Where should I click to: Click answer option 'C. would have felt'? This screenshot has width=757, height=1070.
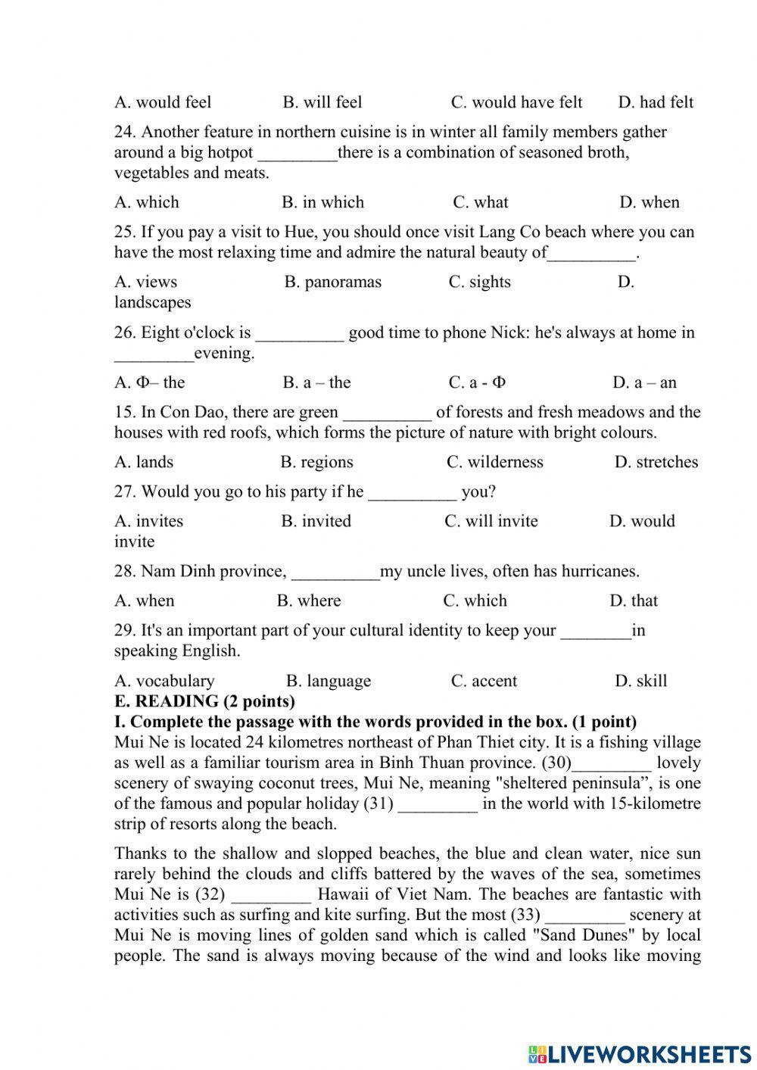(x=516, y=102)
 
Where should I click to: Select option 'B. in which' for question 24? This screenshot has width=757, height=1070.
(x=322, y=202)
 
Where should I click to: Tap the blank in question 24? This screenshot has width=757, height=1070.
(x=298, y=153)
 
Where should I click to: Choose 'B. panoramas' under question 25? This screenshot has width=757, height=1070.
(x=333, y=282)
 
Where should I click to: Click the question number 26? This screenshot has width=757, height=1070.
(x=125, y=332)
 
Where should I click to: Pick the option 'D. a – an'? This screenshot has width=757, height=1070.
(x=644, y=382)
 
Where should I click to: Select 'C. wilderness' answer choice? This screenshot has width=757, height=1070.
(x=495, y=462)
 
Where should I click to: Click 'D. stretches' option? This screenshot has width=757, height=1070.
(x=656, y=462)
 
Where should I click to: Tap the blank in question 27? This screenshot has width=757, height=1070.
(x=413, y=492)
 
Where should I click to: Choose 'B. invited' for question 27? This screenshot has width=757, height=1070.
(x=316, y=521)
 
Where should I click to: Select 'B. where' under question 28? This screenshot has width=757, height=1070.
(x=309, y=601)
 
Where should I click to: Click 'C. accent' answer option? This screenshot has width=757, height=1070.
(x=484, y=681)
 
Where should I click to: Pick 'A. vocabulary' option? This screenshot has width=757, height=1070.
(x=164, y=681)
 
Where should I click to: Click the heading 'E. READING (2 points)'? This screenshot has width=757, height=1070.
(x=204, y=701)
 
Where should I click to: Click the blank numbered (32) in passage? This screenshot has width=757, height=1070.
(x=271, y=895)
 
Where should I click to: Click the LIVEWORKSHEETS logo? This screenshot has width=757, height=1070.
(x=640, y=1053)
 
